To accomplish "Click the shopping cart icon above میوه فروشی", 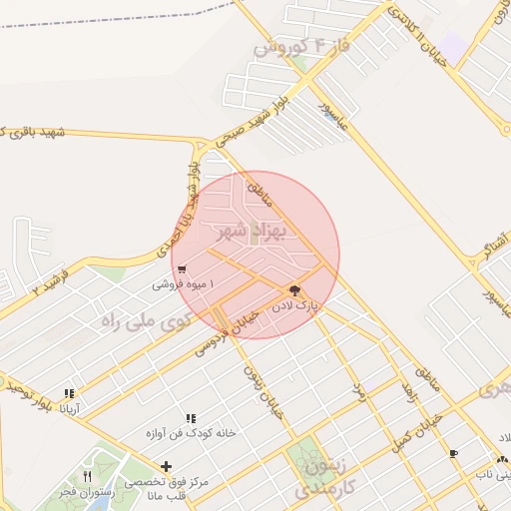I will [x=180, y=268].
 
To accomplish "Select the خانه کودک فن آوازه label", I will [x=190, y=433].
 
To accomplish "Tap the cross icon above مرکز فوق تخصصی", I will [x=166, y=466].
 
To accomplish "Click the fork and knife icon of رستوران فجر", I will [x=88, y=477].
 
